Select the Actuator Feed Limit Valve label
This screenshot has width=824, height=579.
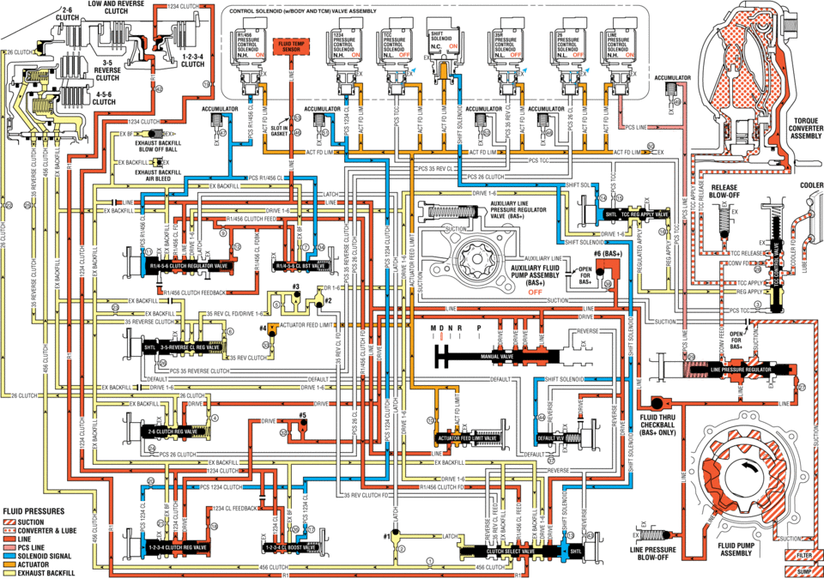coord(467,437)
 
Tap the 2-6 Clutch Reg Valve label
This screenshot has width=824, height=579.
coord(175,431)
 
